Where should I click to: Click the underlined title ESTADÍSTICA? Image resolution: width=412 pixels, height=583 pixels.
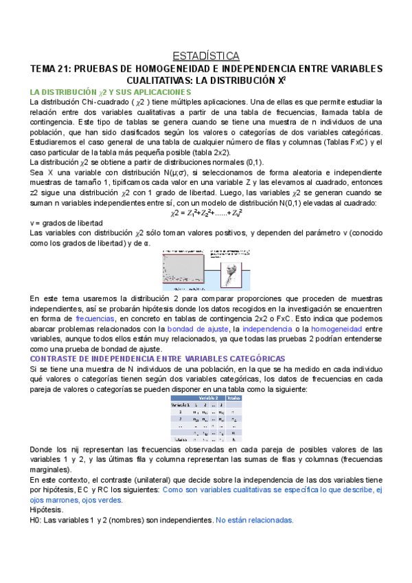coord(205,56)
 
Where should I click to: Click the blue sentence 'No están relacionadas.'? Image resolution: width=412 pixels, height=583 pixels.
coord(254,520)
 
